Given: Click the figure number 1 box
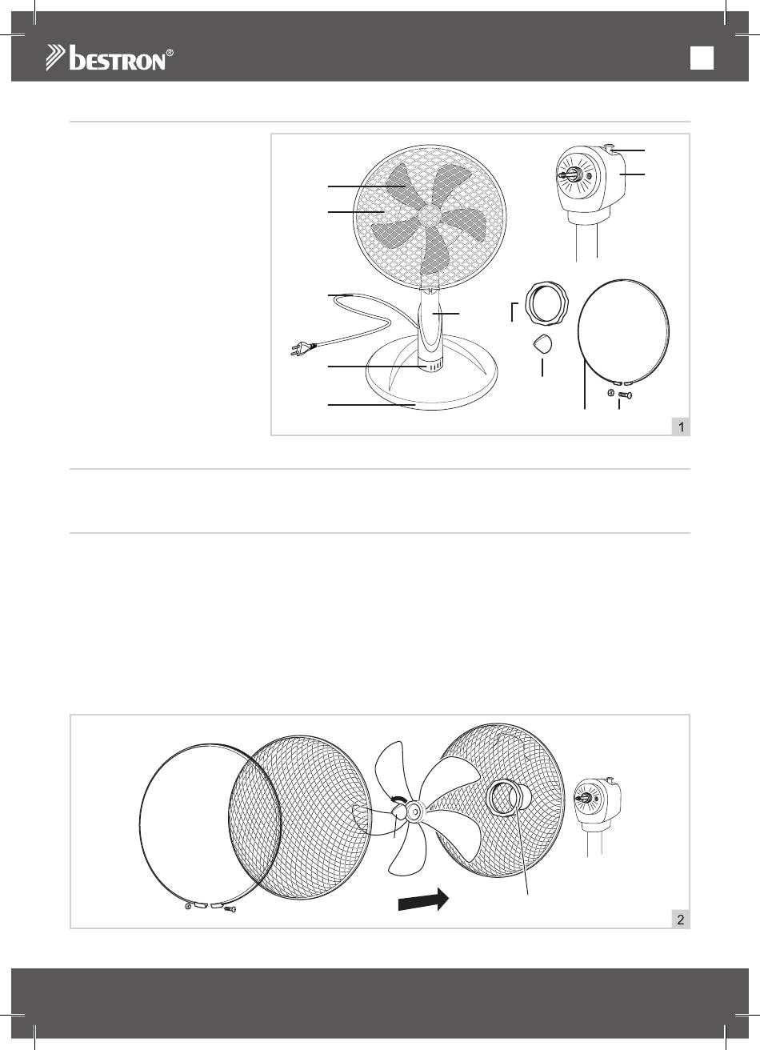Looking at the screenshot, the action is (681, 427).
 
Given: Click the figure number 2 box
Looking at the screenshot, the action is (681, 920).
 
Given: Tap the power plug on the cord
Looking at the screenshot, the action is (303, 348).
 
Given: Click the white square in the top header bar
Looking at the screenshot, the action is (702, 58).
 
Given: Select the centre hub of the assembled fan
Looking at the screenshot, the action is (428, 214).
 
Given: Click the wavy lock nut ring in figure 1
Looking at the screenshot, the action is (547, 303).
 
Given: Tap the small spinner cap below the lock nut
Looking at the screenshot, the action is (542, 344).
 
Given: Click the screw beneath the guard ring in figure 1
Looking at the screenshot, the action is (625, 395).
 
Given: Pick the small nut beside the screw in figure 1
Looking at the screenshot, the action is (610, 392).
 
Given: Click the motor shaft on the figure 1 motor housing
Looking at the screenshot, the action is (567, 174).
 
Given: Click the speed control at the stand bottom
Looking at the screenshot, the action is (431, 366).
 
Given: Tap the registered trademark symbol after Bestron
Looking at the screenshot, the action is (170, 53).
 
